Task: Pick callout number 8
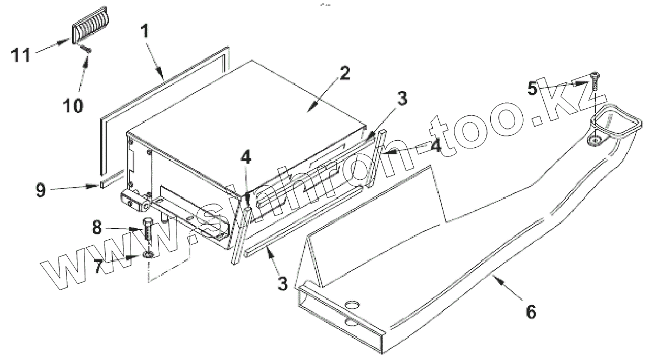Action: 97,228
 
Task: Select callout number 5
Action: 534,88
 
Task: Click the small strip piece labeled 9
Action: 112,180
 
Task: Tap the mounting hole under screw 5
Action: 595,140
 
